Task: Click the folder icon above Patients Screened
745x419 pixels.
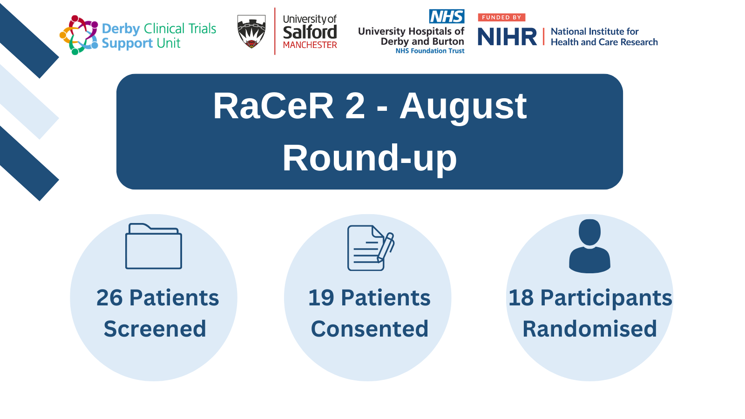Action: (x=153, y=246)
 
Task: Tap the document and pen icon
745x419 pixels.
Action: (x=371, y=248)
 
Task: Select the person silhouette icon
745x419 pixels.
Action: (x=589, y=246)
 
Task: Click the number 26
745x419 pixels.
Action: (x=109, y=297)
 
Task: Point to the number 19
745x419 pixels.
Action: (x=321, y=297)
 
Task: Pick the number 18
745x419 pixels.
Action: (x=521, y=297)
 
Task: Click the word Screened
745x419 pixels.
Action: (x=155, y=329)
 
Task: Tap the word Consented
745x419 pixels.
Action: (x=370, y=329)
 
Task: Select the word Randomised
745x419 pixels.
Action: (x=589, y=329)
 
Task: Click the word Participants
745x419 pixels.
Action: (x=606, y=298)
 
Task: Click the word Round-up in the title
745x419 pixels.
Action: (x=370, y=158)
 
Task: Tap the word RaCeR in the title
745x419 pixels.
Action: (x=273, y=106)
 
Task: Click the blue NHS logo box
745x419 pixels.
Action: (x=447, y=16)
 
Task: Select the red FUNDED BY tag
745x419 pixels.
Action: (x=501, y=17)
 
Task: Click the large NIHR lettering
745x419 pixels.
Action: (x=507, y=37)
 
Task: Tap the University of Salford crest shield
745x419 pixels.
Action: (x=251, y=31)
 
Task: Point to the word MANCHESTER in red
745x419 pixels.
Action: (x=310, y=45)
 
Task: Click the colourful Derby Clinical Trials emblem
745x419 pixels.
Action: (x=79, y=35)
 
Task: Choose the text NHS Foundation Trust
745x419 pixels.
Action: (x=430, y=51)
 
